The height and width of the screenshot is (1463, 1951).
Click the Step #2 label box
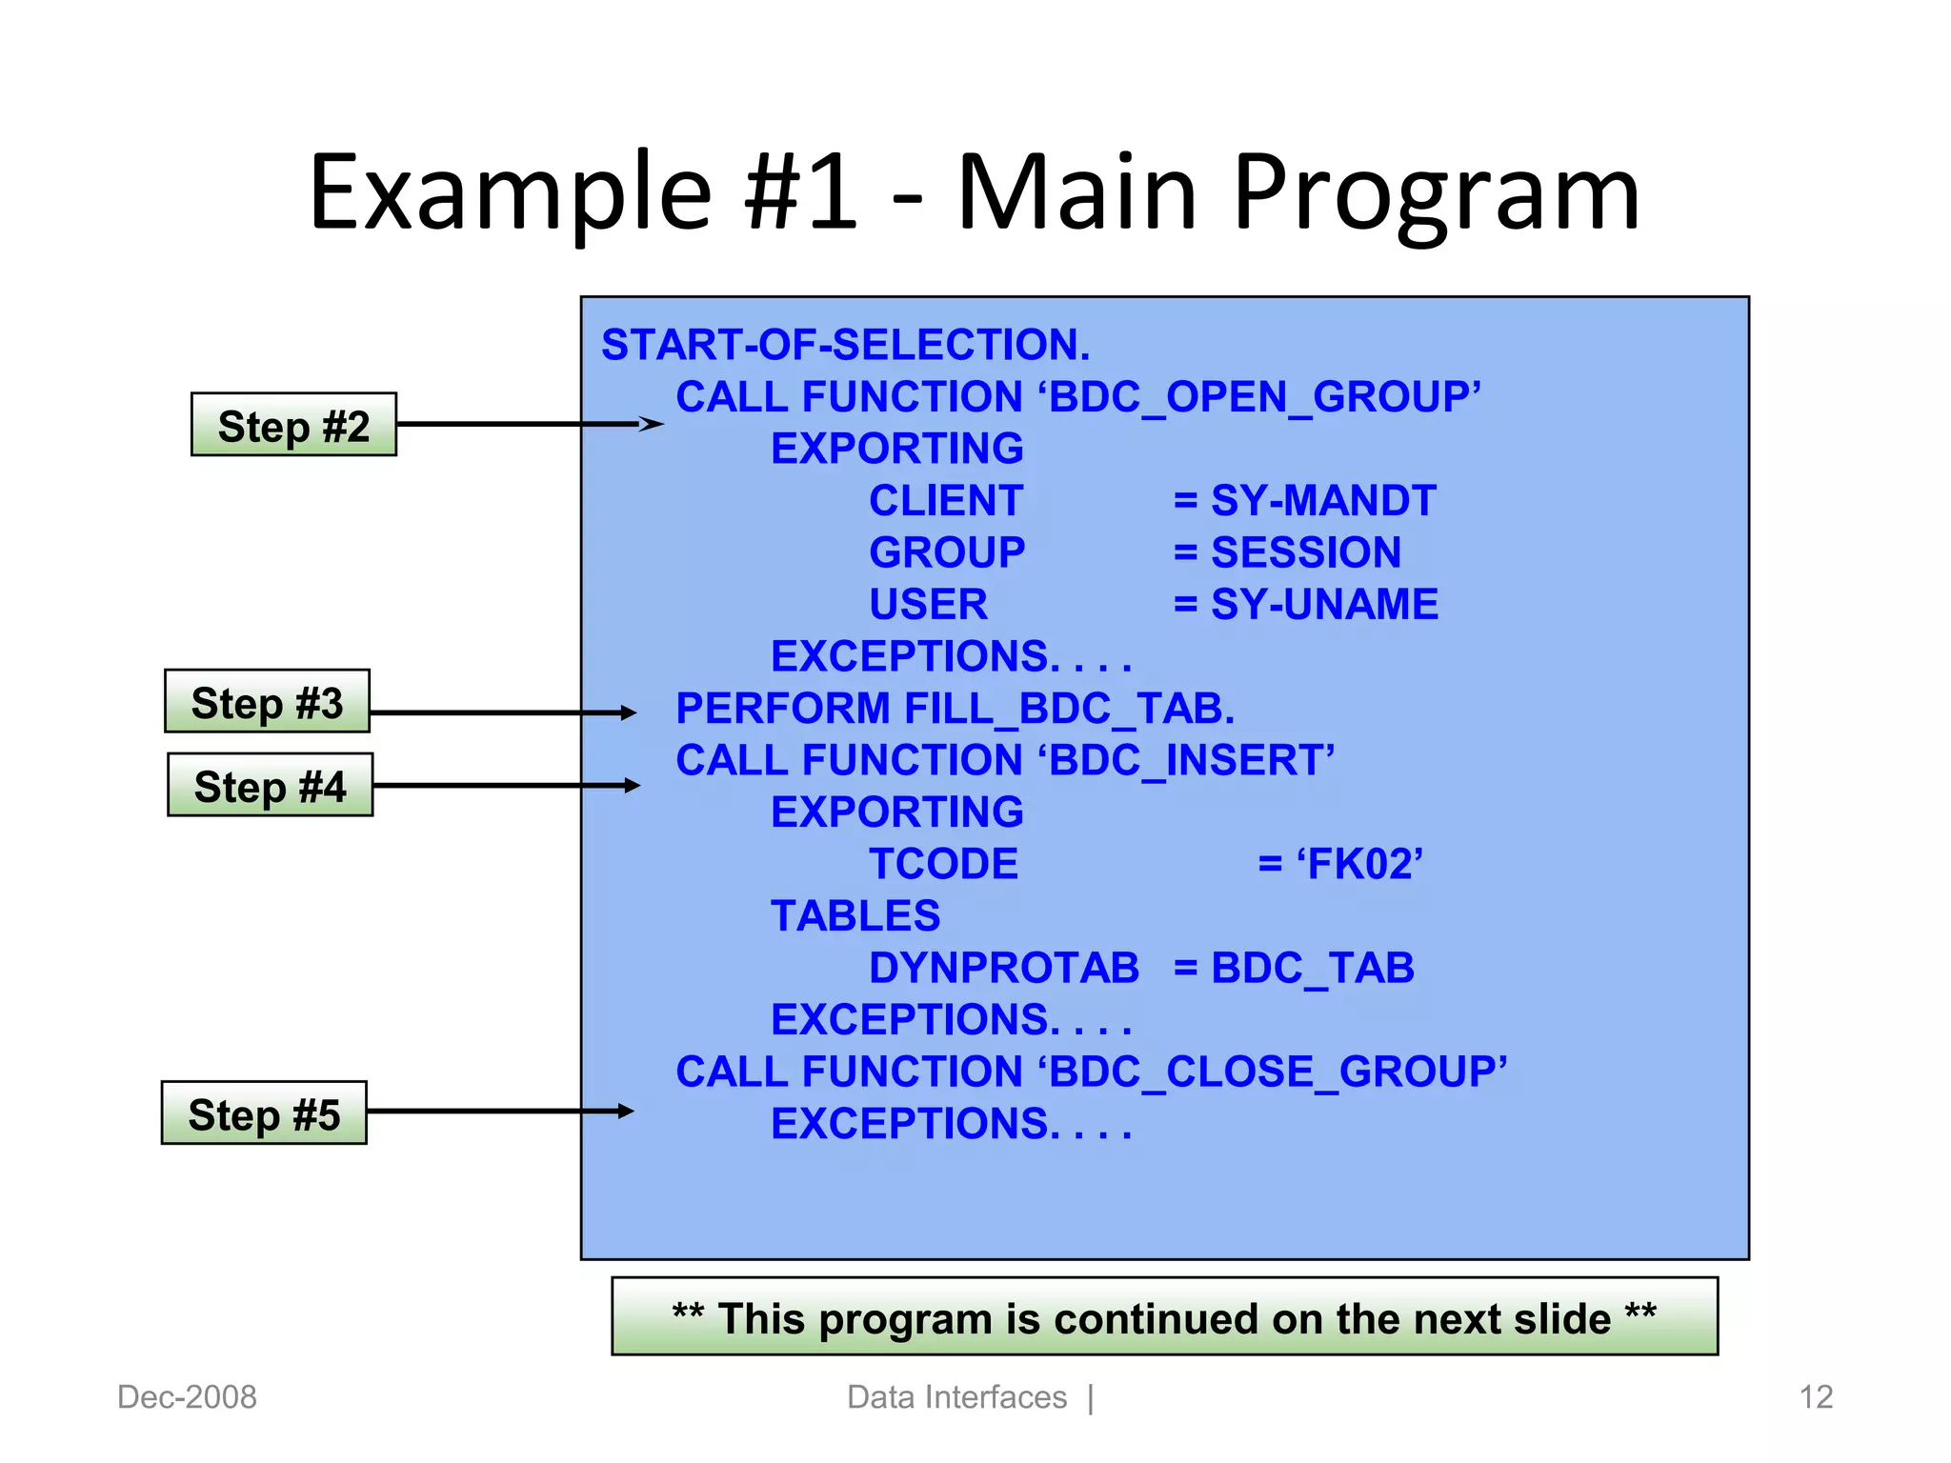[293, 425]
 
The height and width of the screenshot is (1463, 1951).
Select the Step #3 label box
[267, 702]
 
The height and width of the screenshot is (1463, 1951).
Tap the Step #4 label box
[270, 786]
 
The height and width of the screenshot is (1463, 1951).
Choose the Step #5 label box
[264, 1113]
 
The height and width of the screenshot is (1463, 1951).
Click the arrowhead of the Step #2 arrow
[652, 424]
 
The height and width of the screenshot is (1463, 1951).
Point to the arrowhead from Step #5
[625, 1111]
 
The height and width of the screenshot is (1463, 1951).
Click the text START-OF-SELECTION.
[845, 345]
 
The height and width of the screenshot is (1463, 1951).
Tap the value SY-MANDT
[1322, 501]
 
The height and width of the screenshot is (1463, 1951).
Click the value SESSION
[1305, 552]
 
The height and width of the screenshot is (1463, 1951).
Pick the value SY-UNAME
[1323, 605]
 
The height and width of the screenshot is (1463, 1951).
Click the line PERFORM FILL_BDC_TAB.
[955, 709]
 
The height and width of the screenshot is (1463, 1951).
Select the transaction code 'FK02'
[1359, 865]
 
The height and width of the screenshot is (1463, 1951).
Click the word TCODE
[943, 865]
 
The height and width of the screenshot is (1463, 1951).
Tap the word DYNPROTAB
[1003, 969]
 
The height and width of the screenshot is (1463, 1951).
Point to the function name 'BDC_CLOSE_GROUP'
[1276, 1072]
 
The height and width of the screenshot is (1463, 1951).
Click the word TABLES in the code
[855, 916]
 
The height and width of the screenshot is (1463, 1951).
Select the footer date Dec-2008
[187, 1397]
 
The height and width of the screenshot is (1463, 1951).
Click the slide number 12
[1816, 1397]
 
